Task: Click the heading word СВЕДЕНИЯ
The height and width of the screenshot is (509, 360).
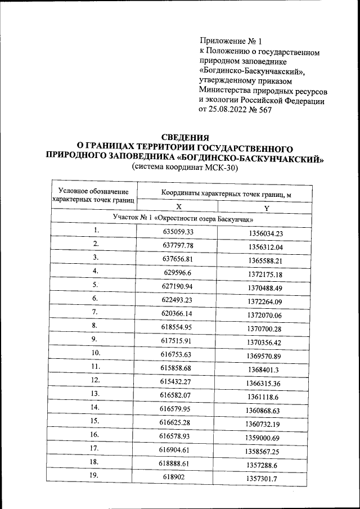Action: [x=185, y=137]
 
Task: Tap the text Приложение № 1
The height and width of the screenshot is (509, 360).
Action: [x=231, y=42]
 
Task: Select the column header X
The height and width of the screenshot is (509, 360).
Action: [x=178, y=206]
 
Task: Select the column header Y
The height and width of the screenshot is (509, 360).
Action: [x=267, y=209]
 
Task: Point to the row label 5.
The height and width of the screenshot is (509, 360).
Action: [x=96, y=285]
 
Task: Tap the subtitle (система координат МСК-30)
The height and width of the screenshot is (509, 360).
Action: [x=185, y=168]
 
